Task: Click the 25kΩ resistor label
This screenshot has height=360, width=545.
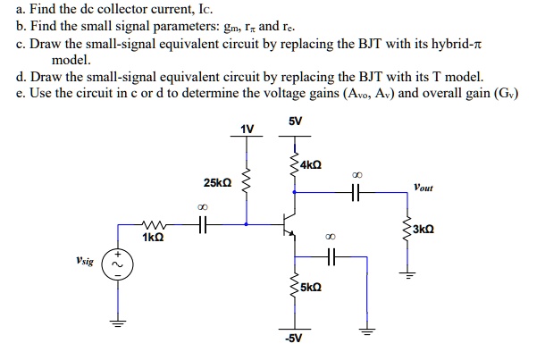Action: [218, 182]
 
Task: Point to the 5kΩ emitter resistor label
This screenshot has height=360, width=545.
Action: [312, 288]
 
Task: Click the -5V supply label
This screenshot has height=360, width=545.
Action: [293, 339]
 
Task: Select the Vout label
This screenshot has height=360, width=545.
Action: [423, 188]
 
